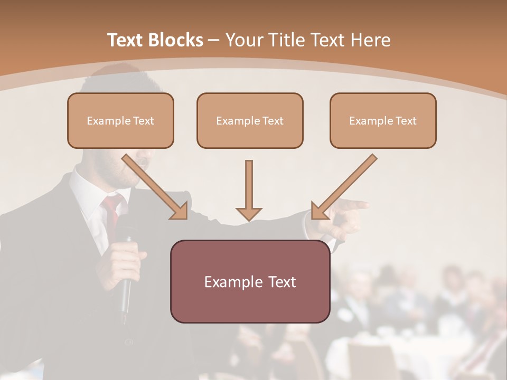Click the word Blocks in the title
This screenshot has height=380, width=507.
pyautogui.click(x=175, y=40)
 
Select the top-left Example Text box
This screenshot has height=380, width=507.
pyautogui.click(x=120, y=120)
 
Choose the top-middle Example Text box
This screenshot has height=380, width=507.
pyautogui.click(x=250, y=120)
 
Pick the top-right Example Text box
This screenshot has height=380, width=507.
pyautogui.click(x=383, y=120)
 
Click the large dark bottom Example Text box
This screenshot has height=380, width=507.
pyautogui.click(x=250, y=281)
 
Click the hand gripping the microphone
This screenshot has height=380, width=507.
pyautogui.click(x=125, y=259)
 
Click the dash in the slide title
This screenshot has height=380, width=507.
pyautogui.click(x=214, y=40)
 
